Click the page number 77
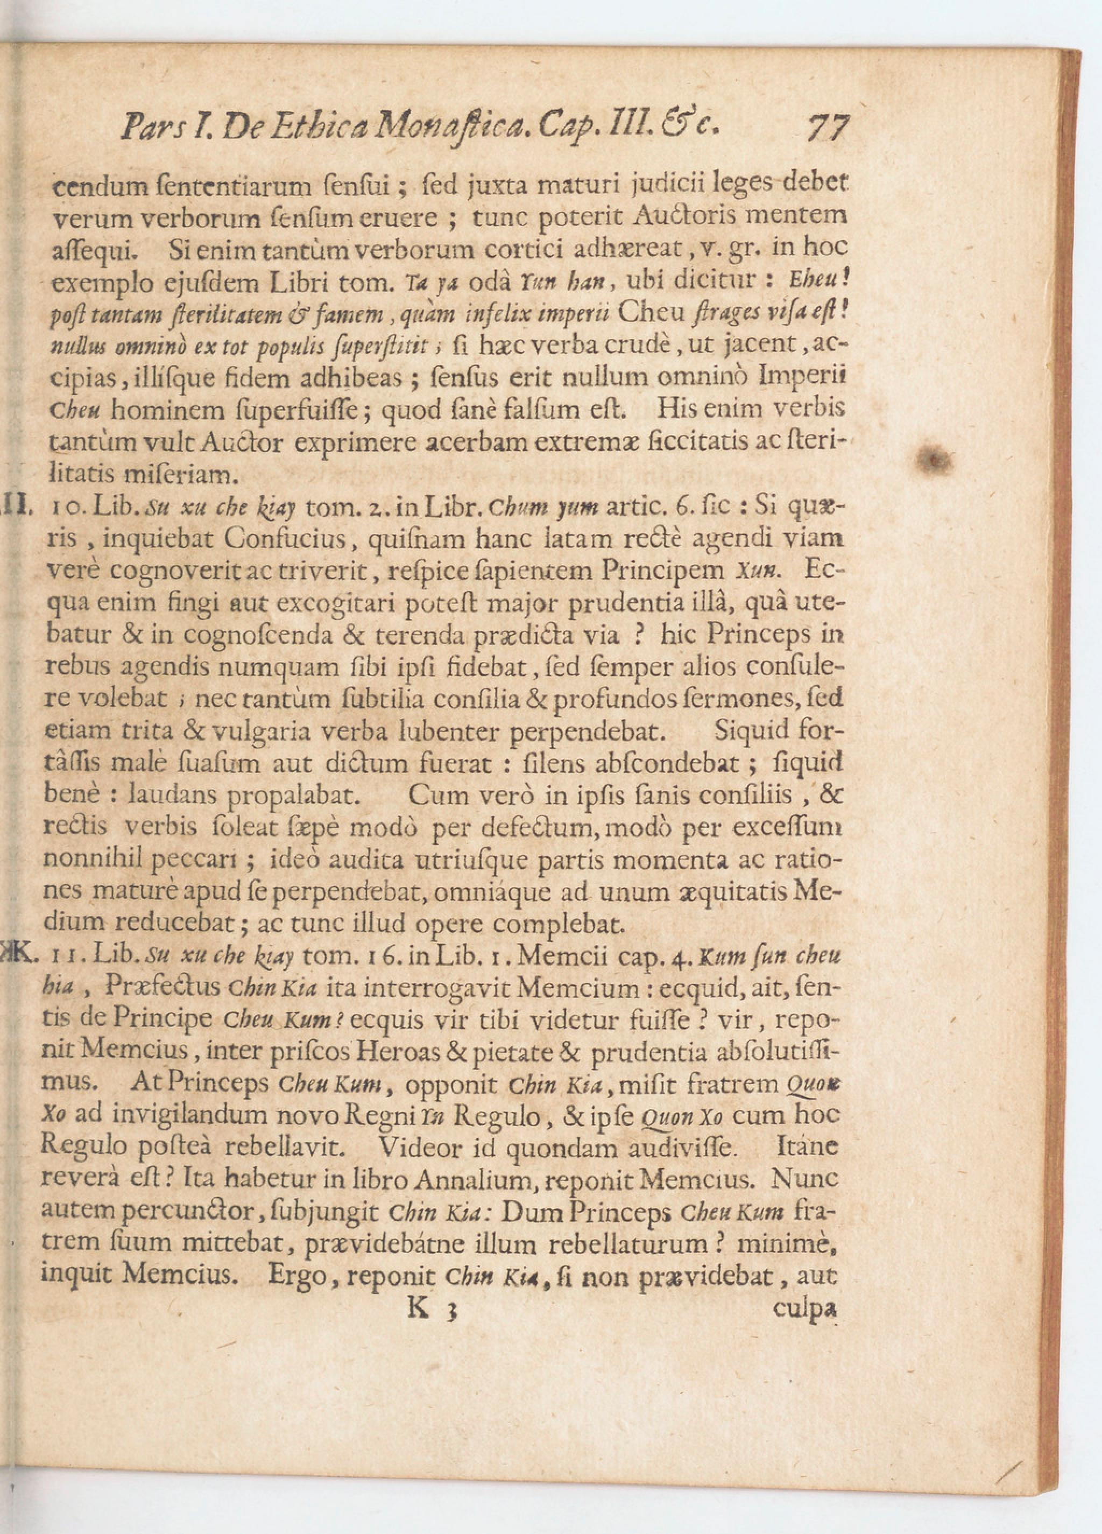828,127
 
